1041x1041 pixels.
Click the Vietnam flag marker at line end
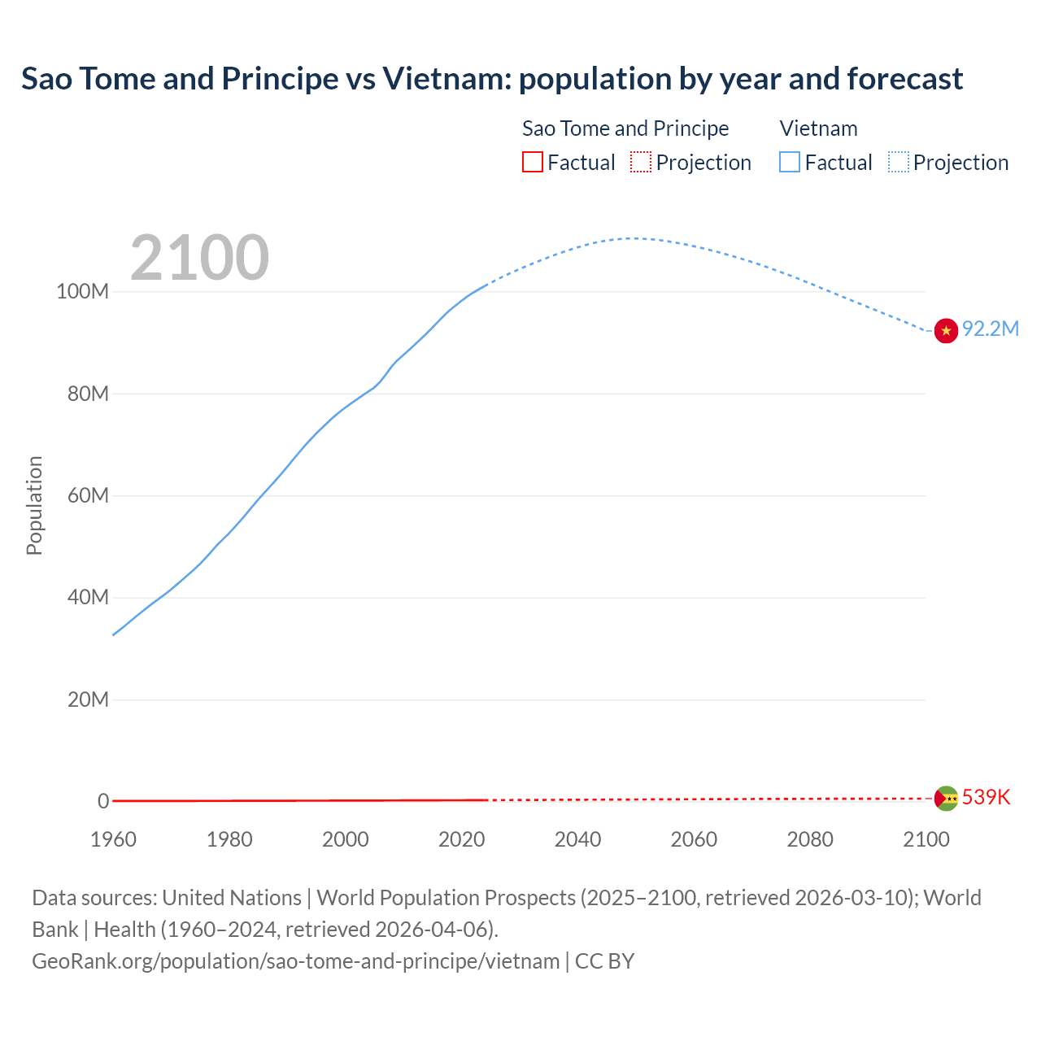pyautogui.click(x=946, y=331)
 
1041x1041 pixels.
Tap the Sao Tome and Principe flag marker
pyautogui.click(x=946, y=799)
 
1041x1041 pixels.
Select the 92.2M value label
pyautogui.click(x=990, y=329)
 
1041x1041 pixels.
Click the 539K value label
pyautogui.click(x=986, y=798)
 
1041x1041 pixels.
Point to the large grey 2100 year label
pyautogui.click(x=199, y=258)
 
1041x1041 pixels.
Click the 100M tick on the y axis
pyautogui.click(x=82, y=292)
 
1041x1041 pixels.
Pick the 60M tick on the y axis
pyautogui.click(x=87, y=496)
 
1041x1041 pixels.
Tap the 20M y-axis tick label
pyautogui.click(x=87, y=700)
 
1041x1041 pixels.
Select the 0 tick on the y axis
pyautogui.click(x=103, y=802)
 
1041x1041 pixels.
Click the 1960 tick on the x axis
pyautogui.click(x=113, y=839)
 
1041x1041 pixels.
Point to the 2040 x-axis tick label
pyautogui.click(x=577, y=839)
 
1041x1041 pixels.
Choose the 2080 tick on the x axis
pyautogui.click(x=810, y=839)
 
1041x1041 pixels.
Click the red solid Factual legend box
pyautogui.click(x=533, y=163)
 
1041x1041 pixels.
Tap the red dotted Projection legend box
pyautogui.click(x=641, y=163)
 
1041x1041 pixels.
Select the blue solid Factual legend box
pyautogui.click(x=790, y=163)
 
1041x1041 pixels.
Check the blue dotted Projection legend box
pyautogui.click(x=899, y=163)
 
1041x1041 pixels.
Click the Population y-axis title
pyautogui.click(x=34, y=505)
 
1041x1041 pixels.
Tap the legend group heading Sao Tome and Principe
pyautogui.click(x=625, y=128)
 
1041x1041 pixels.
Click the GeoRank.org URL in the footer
pyautogui.click(x=296, y=961)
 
